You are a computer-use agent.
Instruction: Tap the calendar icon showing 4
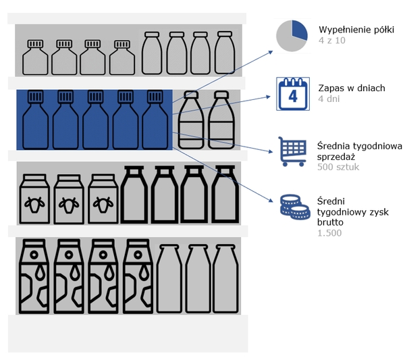coord(293,94)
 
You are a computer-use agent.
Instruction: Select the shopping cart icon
coord(292,152)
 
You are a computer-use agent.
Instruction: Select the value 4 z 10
coord(331,41)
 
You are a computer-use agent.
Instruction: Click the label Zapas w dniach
coord(350,88)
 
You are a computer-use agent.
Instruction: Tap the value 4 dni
coord(329,99)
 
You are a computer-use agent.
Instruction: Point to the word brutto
coord(331,222)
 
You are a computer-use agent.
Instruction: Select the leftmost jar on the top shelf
coord(34,57)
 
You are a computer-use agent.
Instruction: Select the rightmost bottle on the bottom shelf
coord(225,279)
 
